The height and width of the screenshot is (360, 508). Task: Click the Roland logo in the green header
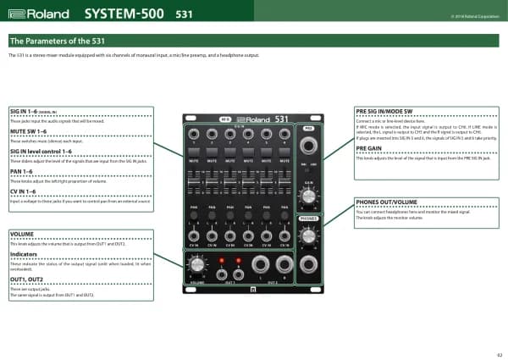pyautogui.click(x=37, y=14)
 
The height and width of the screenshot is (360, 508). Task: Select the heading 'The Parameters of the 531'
pyautogui.click(x=58, y=41)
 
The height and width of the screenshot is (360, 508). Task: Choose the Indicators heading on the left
pyautogui.click(x=22, y=253)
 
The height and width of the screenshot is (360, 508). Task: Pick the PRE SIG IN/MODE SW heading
pyautogui.click(x=384, y=111)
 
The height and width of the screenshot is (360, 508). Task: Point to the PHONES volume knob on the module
pyautogui.click(x=309, y=235)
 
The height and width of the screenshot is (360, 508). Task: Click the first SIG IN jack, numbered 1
pyautogui.click(x=194, y=136)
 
